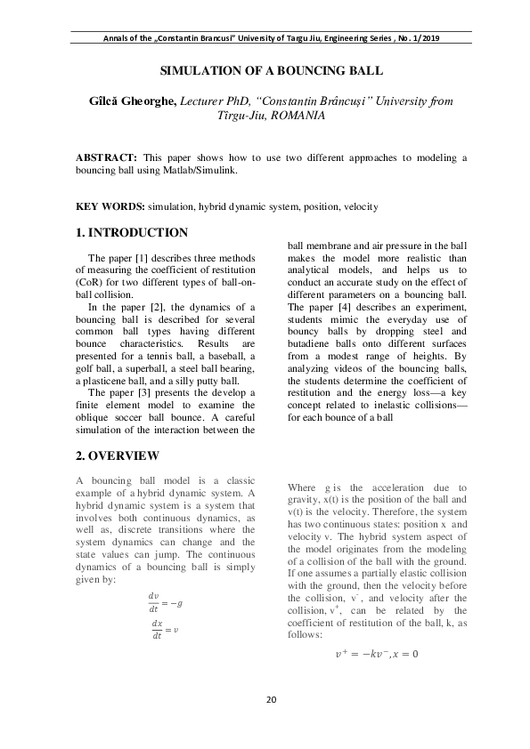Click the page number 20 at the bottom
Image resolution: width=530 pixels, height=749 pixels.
(271, 699)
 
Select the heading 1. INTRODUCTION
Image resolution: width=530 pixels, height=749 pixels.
(132, 233)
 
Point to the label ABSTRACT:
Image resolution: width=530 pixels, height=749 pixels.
(107, 157)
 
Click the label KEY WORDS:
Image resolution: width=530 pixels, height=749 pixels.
(110, 206)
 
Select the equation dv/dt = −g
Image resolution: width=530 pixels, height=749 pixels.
(165, 579)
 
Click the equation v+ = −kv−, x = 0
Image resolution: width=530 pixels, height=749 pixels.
(376, 655)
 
